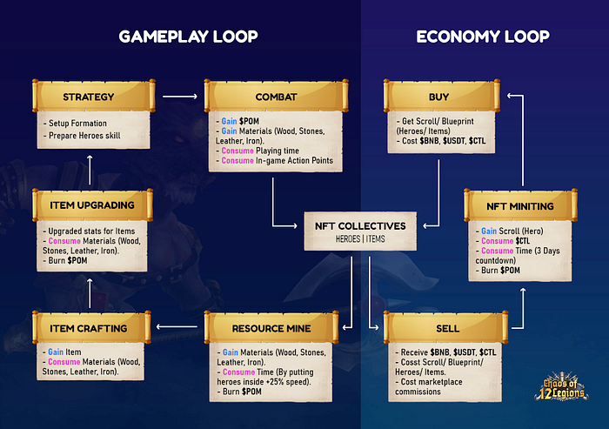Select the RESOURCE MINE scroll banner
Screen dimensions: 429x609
271,327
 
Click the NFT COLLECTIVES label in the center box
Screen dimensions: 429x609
359,225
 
